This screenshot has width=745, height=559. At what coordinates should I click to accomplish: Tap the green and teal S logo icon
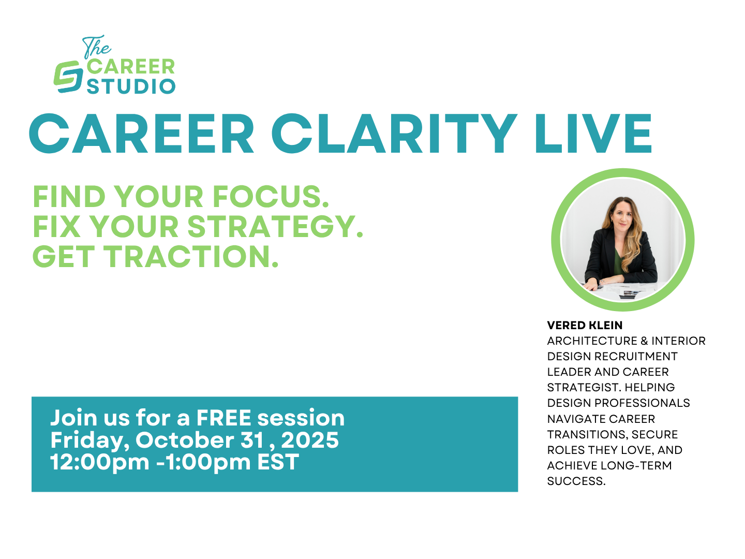click(x=68, y=77)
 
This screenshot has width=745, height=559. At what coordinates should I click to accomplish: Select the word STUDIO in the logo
click(x=131, y=86)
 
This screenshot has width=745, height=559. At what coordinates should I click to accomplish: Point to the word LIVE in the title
click(x=593, y=134)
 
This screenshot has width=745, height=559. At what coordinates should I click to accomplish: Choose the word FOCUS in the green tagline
click(x=271, y=197)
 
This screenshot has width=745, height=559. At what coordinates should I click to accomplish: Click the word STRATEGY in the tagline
click(x=275, y=226)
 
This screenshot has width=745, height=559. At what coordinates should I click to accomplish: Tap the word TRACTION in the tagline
click(x=191, y=256)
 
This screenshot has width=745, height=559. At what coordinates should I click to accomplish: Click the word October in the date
click(x=185, y=440)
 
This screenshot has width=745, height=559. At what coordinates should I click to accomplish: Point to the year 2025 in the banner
click(x=310, y=440)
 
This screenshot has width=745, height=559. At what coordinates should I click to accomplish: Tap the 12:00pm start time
click(x=100, y=463)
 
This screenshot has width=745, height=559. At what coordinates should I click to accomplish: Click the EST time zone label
click(x=278, y=462)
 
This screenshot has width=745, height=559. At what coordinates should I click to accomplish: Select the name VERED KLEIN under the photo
click(x=585, y=325)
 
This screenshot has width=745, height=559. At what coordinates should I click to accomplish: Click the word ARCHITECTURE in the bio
click(x=592, y=341)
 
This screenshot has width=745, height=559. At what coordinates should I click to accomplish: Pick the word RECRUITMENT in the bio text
click(x=636, y=357)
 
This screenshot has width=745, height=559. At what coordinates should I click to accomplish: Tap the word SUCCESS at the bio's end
click(x=576, y=481)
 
